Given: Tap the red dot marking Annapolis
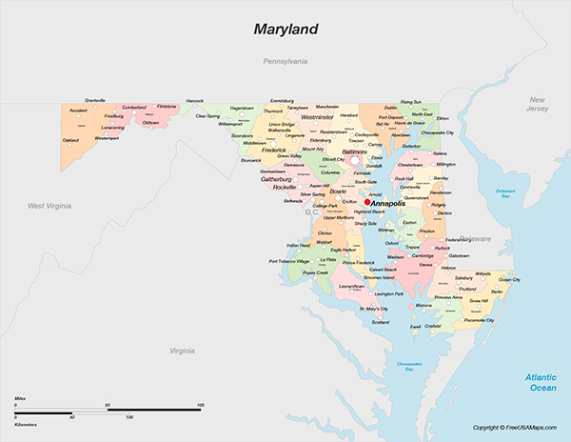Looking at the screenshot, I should coord(367,202).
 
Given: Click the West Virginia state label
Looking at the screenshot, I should coord(50,205).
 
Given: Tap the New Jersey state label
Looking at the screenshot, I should coord(538,105).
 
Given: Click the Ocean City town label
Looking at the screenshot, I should coord(509,280).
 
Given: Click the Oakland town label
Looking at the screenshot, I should coord(71,140).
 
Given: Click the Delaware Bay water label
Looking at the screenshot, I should coord(505,194).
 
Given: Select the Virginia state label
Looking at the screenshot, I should coord(183,351).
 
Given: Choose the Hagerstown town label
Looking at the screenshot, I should coord(242,108).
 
